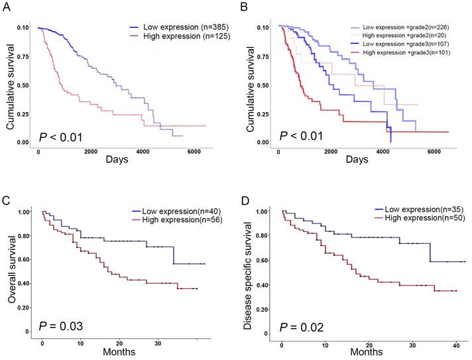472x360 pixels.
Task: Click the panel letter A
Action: pos(7,8)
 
